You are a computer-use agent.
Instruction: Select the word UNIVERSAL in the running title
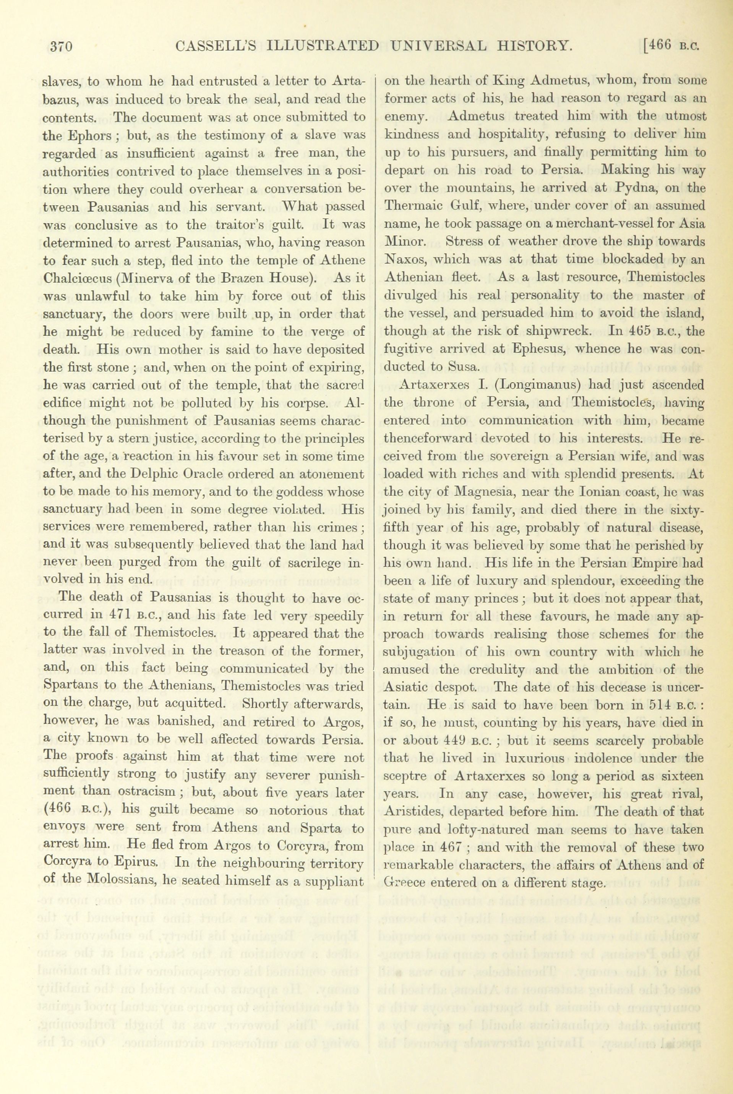coord(438,46)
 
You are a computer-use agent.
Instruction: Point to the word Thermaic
coord(406,206)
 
